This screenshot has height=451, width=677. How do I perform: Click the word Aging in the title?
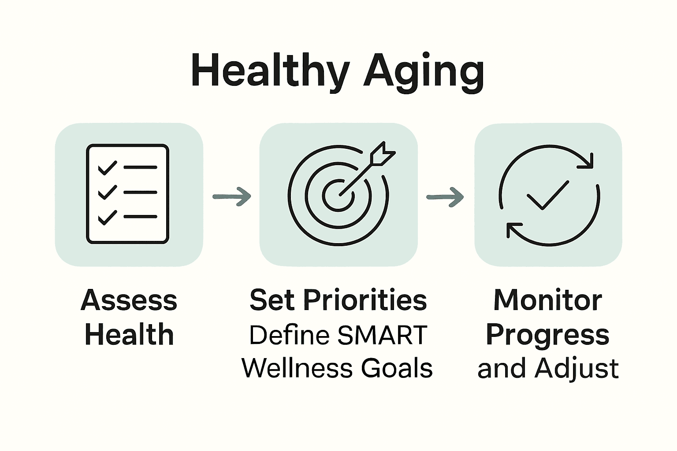(x=424, y=72)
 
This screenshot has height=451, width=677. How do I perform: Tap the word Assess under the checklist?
(x=129, y=300)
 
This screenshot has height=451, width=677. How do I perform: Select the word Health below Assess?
(x=129, y=334)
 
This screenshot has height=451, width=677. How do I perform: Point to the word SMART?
(x=382, y=335)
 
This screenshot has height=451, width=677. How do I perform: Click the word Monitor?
(x=547, y=300)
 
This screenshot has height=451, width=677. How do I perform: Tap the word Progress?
(x=547, y=335)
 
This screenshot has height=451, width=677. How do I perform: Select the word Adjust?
(x=577, y=368)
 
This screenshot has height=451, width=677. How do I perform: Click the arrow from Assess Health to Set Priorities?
(x=232, y=196)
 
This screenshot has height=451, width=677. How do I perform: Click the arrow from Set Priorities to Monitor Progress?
(x=445, y=196)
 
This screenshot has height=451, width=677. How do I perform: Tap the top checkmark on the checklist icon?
(x=107, y=168)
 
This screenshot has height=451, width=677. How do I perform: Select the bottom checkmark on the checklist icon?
(x=107, y=217)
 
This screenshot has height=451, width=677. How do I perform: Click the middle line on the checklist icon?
(x=140, y=192)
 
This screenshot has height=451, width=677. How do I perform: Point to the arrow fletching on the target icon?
(x=382, y=155)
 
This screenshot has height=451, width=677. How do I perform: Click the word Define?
(x=289, y=335)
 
